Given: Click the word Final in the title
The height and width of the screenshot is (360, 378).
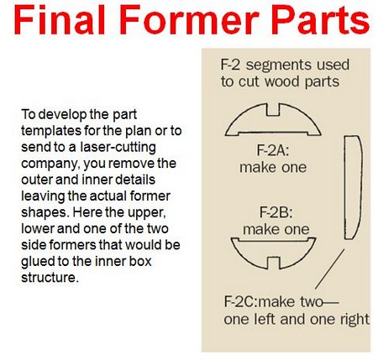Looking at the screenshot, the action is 60,19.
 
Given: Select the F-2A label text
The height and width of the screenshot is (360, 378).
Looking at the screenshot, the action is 273,151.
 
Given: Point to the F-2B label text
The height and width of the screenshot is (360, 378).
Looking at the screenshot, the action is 276,212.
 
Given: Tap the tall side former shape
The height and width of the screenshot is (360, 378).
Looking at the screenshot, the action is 354,187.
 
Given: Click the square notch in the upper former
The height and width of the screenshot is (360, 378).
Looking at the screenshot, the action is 273,110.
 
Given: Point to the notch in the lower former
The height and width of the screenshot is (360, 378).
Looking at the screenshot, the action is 273,263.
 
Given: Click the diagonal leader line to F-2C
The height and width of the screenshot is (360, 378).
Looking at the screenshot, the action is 329,269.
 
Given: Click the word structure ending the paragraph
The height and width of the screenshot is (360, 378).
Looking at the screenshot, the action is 49,278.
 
